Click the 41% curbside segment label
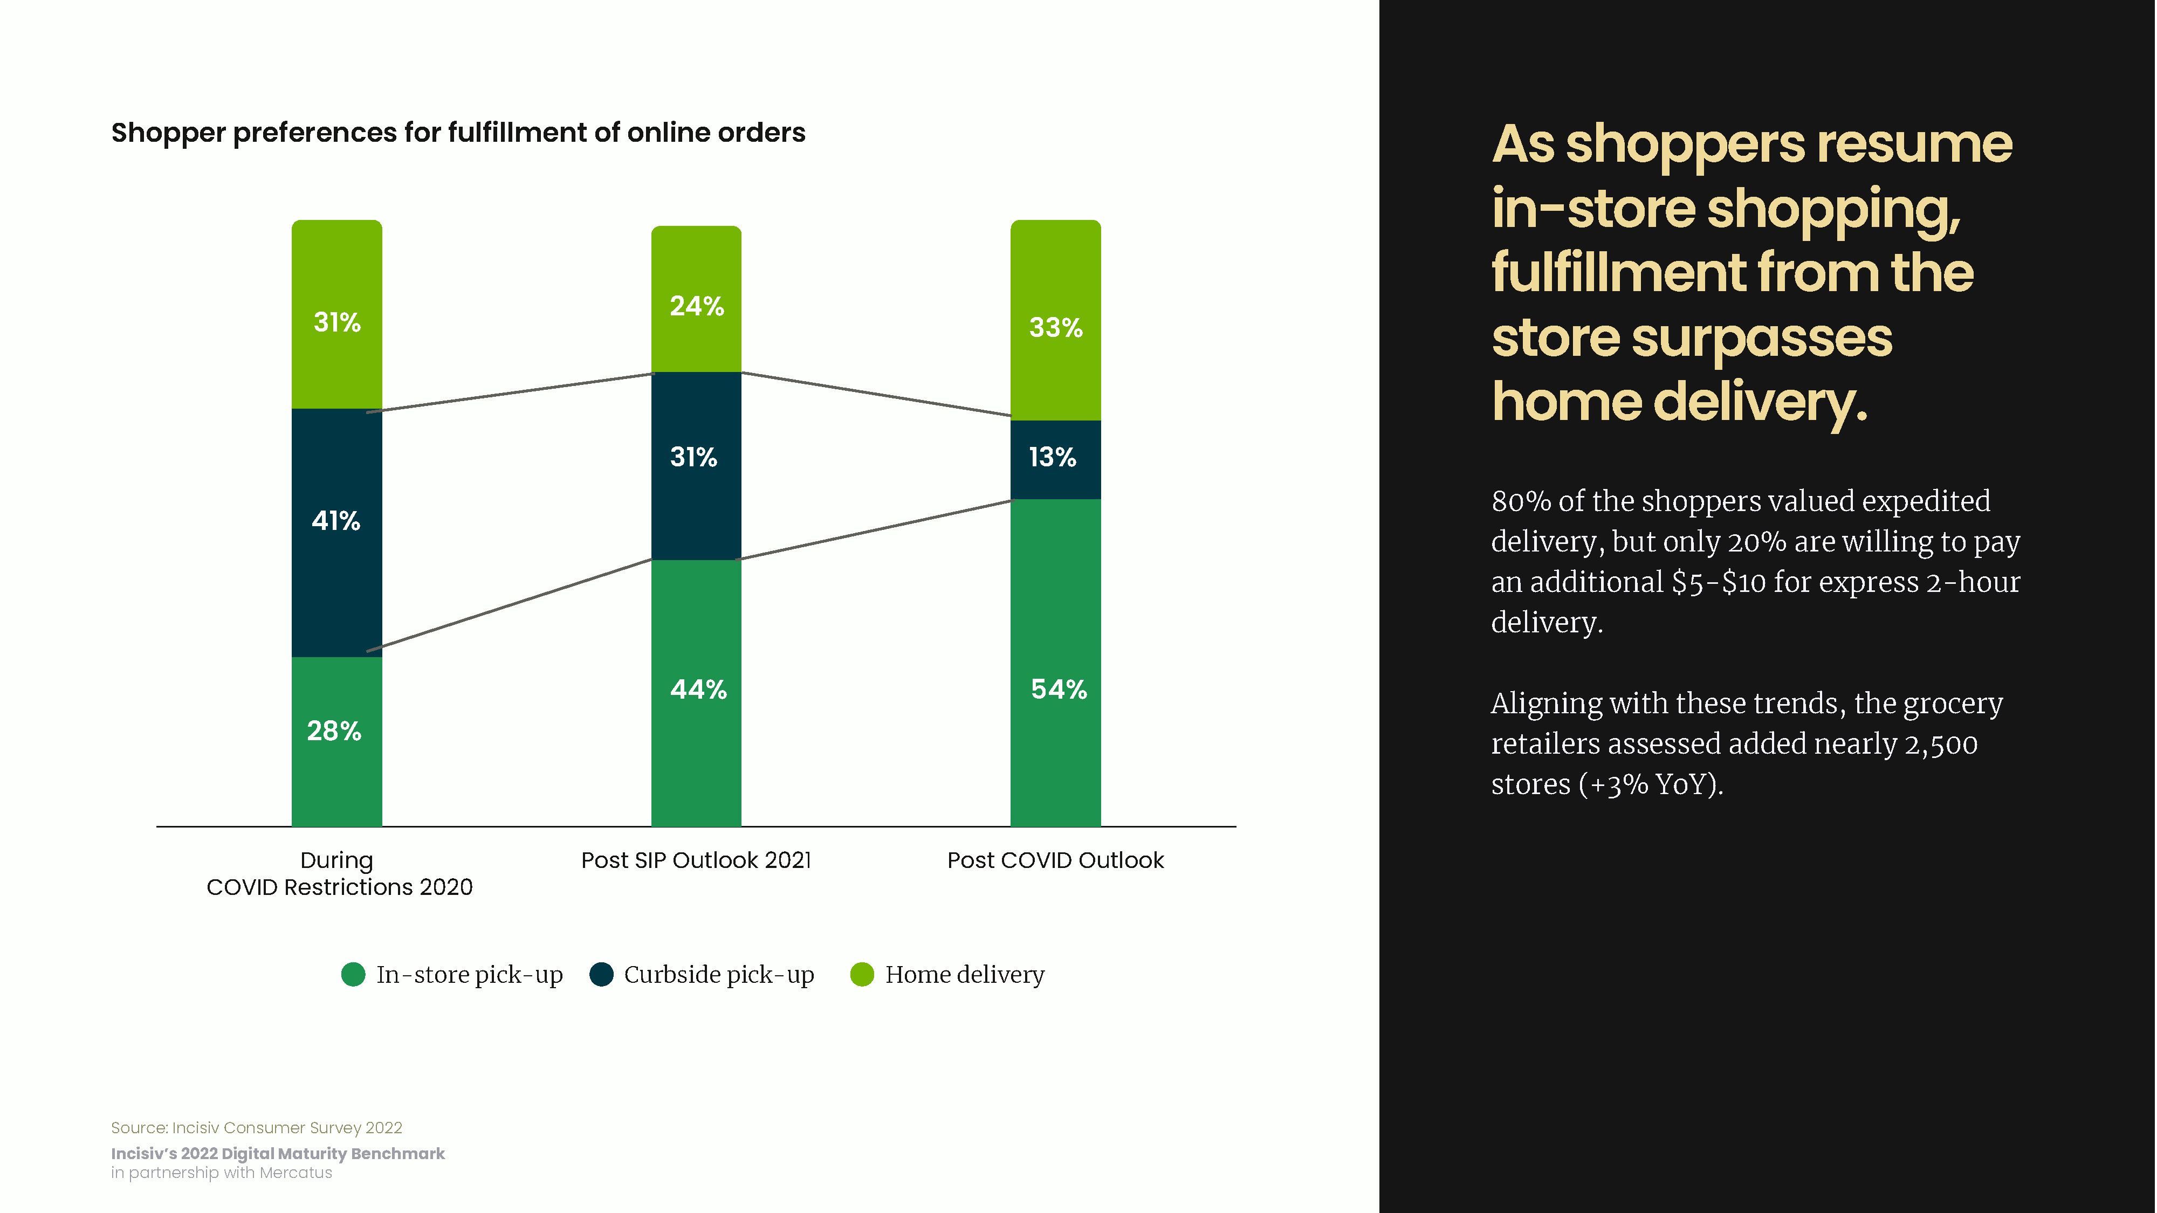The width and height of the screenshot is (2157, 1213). [x=336, y=521]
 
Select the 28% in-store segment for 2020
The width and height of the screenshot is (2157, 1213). [x=336, y=742]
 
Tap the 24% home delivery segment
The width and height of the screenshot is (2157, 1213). [x=696, y=299]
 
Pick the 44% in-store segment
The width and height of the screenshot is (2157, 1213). [x=696, y=693]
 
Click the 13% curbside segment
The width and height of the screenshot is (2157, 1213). [x=1055, y=459]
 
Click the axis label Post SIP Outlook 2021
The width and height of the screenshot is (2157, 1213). [x=696, y=860]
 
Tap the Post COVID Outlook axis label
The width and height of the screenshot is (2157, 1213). [x=1055, y=860]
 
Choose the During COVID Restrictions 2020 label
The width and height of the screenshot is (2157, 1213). [x=339, y=873]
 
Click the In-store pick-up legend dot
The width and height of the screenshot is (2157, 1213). [x=353, y=974]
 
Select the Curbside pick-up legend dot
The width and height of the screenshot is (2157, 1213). [x=601, y=974]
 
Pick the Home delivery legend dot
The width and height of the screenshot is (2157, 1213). [x=862, y=974]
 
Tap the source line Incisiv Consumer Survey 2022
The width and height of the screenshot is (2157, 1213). [x=256, y=1128]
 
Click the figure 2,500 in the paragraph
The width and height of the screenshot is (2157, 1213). [x=1941, y=744]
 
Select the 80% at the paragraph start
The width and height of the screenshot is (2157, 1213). [x=1521, y=501]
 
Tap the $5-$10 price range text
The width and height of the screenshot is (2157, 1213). [x=1719, y=582]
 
